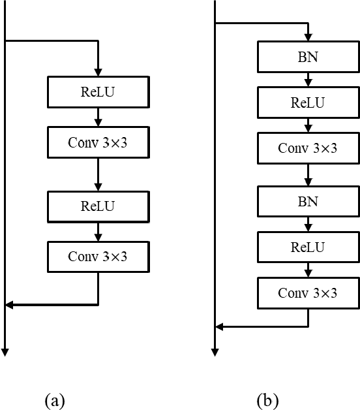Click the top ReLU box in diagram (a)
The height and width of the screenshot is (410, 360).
coord(98,91)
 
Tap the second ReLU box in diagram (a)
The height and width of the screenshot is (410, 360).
coord(98,206)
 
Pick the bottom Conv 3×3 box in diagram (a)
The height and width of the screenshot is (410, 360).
coord(98,256)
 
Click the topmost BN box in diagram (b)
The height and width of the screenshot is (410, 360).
coord(308,57)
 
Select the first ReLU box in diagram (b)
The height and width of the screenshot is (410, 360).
coord(308,102)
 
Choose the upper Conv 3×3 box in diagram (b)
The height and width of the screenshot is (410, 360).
coord(308,148)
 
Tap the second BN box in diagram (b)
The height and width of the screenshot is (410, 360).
coord(308,202)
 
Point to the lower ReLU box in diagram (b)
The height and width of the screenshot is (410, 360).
coord(308,247)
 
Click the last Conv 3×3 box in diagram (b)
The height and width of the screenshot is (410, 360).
coord(308,292)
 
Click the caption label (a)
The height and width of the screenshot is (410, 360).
coord(55,400)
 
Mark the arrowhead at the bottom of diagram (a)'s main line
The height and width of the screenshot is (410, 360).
coord(5,353)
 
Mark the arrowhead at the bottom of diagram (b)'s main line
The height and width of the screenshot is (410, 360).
coord(215,353)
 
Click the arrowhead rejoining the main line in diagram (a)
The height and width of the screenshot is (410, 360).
coord(9,304)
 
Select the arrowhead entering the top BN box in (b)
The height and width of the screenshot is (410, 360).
coord(308,37)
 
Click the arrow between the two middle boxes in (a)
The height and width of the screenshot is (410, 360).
coord(98,173)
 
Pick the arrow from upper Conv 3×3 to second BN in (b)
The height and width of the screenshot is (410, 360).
coord(308,174)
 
